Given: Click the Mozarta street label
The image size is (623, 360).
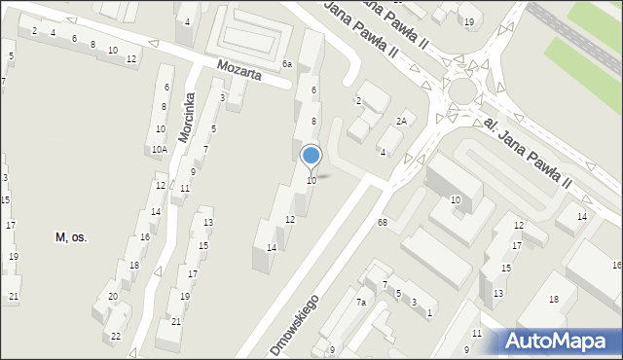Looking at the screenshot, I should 239,71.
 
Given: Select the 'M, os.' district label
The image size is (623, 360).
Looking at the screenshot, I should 71,237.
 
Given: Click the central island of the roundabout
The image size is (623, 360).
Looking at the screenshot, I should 461,90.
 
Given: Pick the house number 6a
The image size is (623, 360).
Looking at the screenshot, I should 287,64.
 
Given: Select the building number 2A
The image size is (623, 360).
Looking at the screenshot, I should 400,121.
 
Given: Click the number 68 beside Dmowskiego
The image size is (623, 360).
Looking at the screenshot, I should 383,223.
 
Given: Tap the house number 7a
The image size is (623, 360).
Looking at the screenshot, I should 360,303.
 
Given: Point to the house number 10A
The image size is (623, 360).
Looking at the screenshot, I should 159,150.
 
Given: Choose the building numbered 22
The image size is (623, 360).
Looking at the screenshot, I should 116,337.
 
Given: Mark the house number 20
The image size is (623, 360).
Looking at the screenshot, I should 113,297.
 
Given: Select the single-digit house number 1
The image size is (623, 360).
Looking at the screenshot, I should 428,312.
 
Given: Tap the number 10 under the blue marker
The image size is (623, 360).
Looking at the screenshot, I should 311,181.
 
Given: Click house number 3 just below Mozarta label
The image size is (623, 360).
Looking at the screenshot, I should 223,97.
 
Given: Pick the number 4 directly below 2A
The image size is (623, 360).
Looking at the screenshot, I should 383,153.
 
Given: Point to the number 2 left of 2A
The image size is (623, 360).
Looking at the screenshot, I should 358,101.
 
